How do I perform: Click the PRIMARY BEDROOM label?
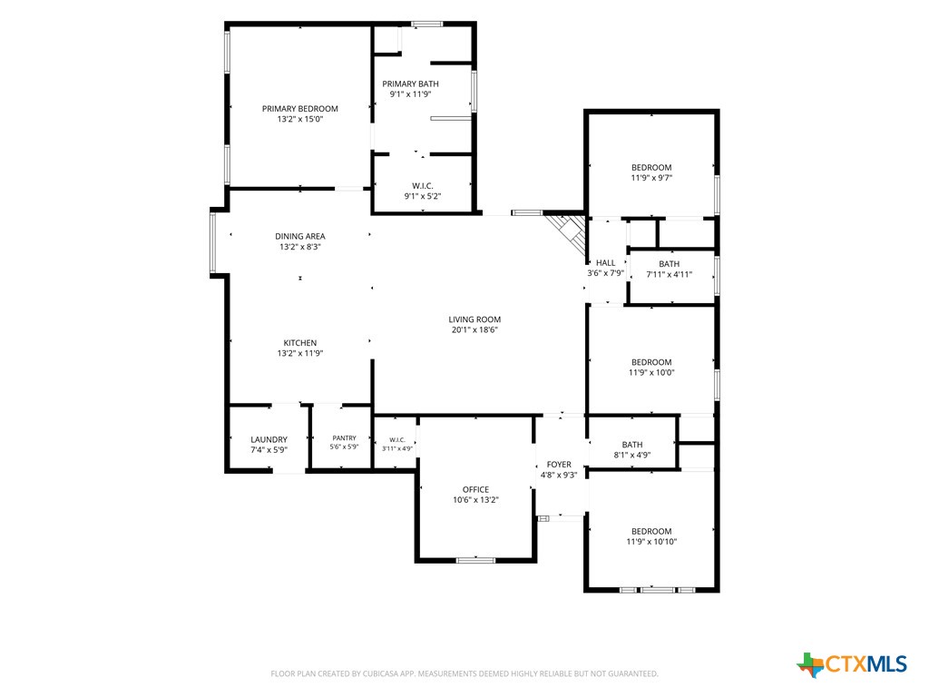pos(299,109)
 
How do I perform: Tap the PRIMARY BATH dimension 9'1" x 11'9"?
pos(410,93)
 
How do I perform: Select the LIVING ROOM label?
pos(474,319)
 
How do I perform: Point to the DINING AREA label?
pos(299,237)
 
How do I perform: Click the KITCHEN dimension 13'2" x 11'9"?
pos(299,353)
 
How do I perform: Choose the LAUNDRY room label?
pos(269,440)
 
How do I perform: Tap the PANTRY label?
pos(344,438)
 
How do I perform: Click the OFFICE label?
pos(475,489)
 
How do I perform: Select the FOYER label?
pos(559,465)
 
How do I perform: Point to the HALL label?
pos(605,262)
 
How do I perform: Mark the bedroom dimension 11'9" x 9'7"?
pos(651,178)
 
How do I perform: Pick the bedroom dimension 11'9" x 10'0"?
pos(651,373)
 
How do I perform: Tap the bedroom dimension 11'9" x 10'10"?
pos(651,542)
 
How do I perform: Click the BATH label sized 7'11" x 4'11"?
pos(669,264)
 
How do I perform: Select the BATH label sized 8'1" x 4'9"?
pos(632,445)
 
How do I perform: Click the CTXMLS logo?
pos(852,664)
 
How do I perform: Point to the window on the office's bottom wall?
pos(475,560)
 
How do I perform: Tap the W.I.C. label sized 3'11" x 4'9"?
pos(397,440)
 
